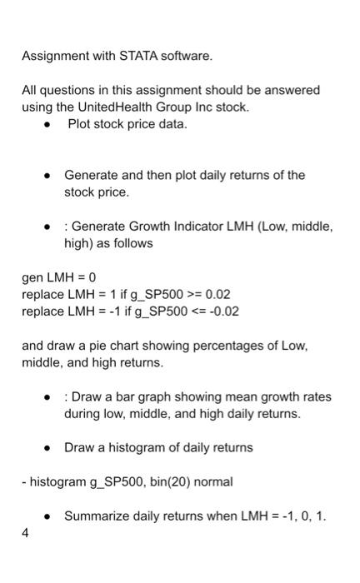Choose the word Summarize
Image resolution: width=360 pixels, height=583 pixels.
coord(97,516)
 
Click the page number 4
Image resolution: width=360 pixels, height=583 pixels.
coord(26,534)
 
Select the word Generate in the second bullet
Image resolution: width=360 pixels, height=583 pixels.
coord(92,176)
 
